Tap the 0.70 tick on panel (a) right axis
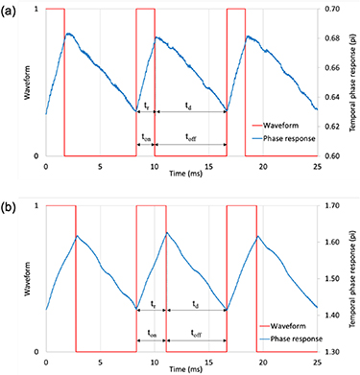coord(331,9)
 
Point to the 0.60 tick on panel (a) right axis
coord(331,156)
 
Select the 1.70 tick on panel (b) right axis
coord(331,205)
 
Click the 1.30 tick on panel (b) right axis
coord(331,352)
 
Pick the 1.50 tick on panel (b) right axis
coord(331,279)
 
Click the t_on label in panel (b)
coord(153,334)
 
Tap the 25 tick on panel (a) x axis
coord(316,166)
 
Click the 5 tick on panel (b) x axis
coord(99,363)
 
